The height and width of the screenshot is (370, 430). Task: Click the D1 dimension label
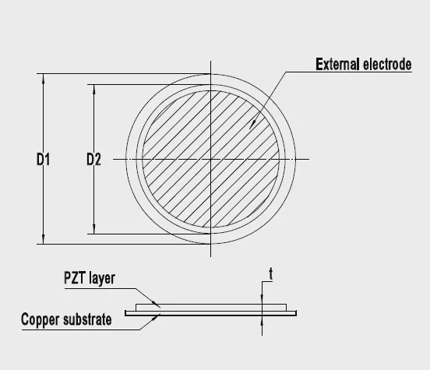pos(44,160)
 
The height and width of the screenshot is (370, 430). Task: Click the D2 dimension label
pos(93,160)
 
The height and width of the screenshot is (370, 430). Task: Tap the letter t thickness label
pos(271,273)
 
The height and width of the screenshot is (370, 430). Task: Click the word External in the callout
pos(337,65)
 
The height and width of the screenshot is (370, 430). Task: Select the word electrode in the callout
pos(387,65)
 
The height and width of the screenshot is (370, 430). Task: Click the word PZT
pos(74,277)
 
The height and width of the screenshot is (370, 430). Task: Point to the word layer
pos(102,279)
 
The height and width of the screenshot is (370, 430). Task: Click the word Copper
pos(40,320)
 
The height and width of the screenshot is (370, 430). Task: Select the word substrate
pos(87,319)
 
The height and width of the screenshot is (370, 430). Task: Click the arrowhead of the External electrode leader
pos(252,125)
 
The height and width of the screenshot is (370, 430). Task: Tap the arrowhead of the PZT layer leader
pos(157,304)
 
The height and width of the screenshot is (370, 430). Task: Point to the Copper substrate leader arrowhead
pos(156,318)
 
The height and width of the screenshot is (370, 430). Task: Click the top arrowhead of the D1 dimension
pos(43,79)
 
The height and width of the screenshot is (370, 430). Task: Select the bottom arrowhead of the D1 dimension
pos(43,239)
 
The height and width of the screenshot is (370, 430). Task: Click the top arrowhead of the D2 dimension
pos(94,90)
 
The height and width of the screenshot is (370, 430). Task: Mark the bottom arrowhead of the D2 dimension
pos(94,229)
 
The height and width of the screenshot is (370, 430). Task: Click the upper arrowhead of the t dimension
pos(263,299)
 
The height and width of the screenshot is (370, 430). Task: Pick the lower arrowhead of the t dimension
pos(263,321)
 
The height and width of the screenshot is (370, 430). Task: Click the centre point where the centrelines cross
pos(210,159)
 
